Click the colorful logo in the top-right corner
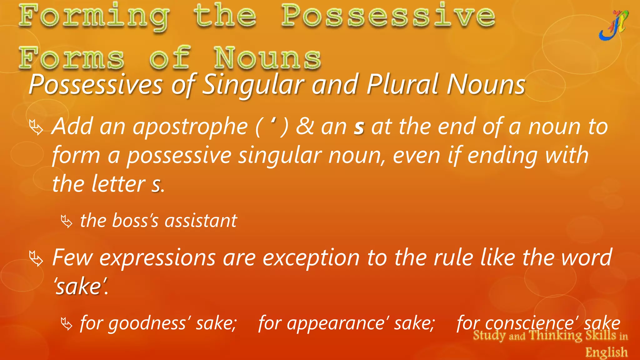[x=613, y=26]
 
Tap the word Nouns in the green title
[x=267, y=58]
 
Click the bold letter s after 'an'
[x=359, y=127]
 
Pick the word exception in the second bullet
[x=311, y=258]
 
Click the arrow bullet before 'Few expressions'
[x=36, y=258]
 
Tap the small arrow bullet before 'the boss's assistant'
[x=67, y=221]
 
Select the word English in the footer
[x=606, y=352]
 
